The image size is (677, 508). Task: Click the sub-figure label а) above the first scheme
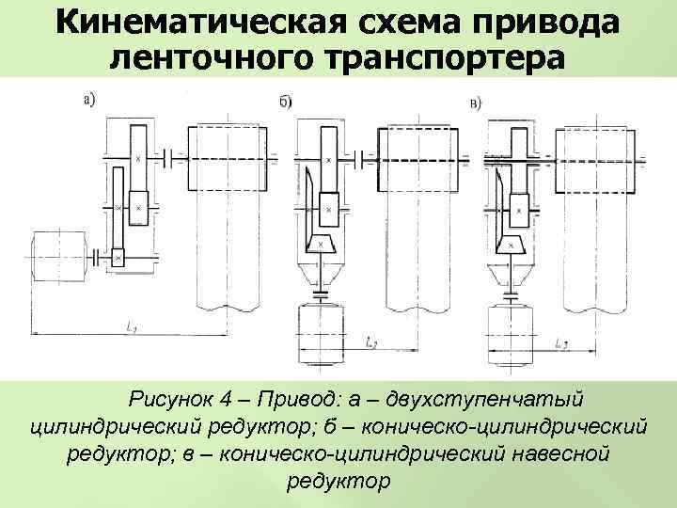89,97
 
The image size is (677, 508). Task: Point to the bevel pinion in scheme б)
324,244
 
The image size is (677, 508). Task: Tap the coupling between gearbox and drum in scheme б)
357,158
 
